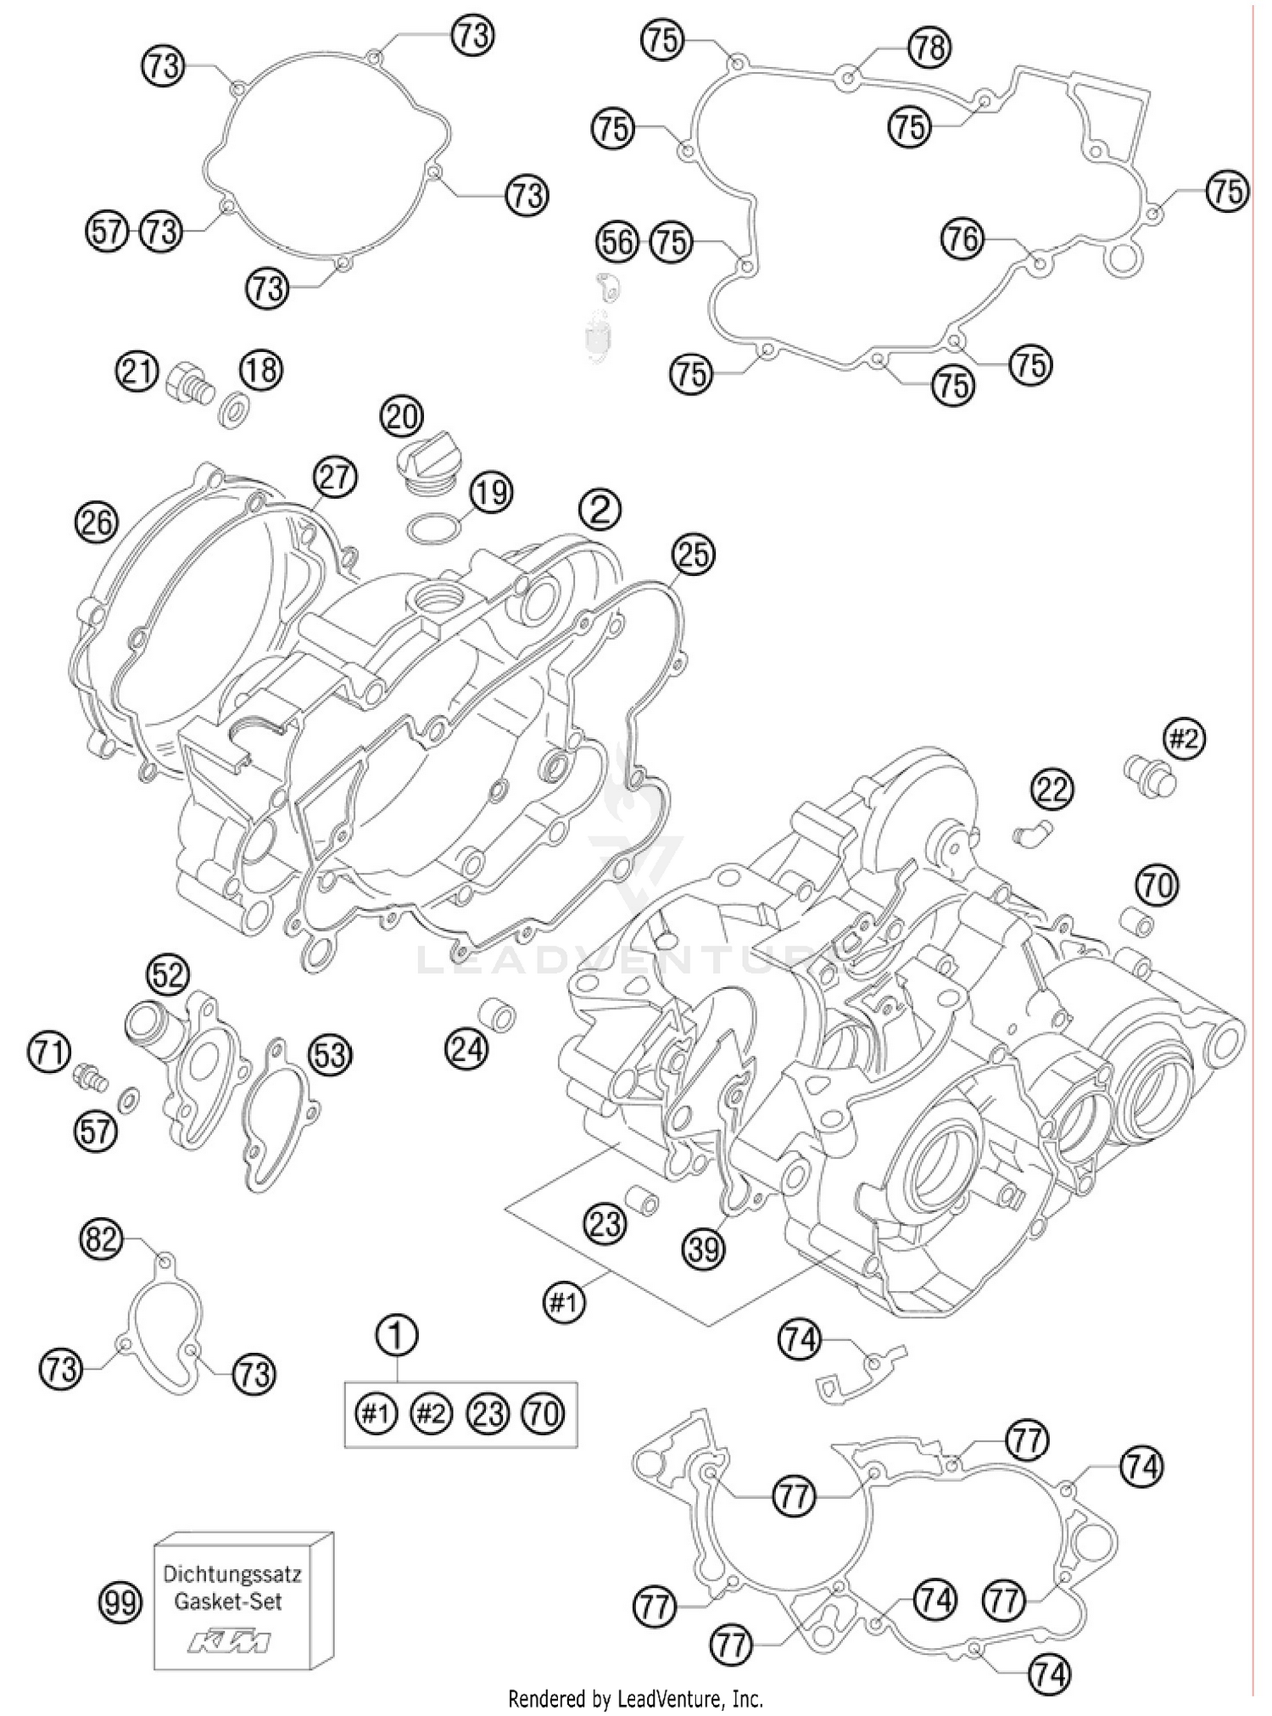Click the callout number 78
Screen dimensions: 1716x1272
click(929, 47)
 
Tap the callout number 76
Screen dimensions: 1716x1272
click(962, 239)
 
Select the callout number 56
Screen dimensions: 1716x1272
click(617, 243)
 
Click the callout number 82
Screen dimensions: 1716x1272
click(101, 1240)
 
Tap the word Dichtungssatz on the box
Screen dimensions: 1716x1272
click(232, 1576)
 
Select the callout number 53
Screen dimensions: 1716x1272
click(330, 1055)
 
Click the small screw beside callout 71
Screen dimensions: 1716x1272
click(90, 1078)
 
